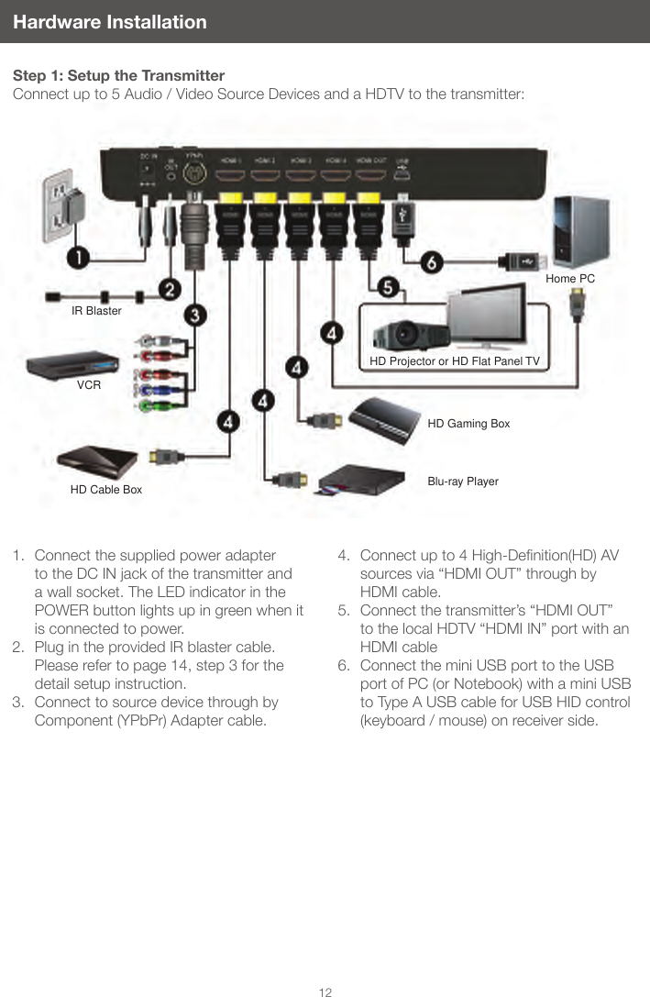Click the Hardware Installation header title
pyautogui.click(x=110, y=21)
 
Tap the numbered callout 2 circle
pyautogui.click(x=169, y=289)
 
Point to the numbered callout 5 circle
pyautogui.click(x=389, y=287)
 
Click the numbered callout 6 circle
pyautogui.click(x=432, y=260)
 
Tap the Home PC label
pyautogui.click(x=569, y=277)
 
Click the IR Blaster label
pyautogui.click(x=96, y=311)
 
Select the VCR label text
pyautogui.click(x=89, y=385)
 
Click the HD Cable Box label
pyautogui.click(x=106, y=490)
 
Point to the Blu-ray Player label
pyautogui.click(x=463, y=481)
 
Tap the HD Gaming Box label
pyautogui.click(x=468, y=424)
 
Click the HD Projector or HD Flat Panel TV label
pyautogui.click(x=455, y=361)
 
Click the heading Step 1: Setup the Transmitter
pyautogui.click(x=118, y=75)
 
